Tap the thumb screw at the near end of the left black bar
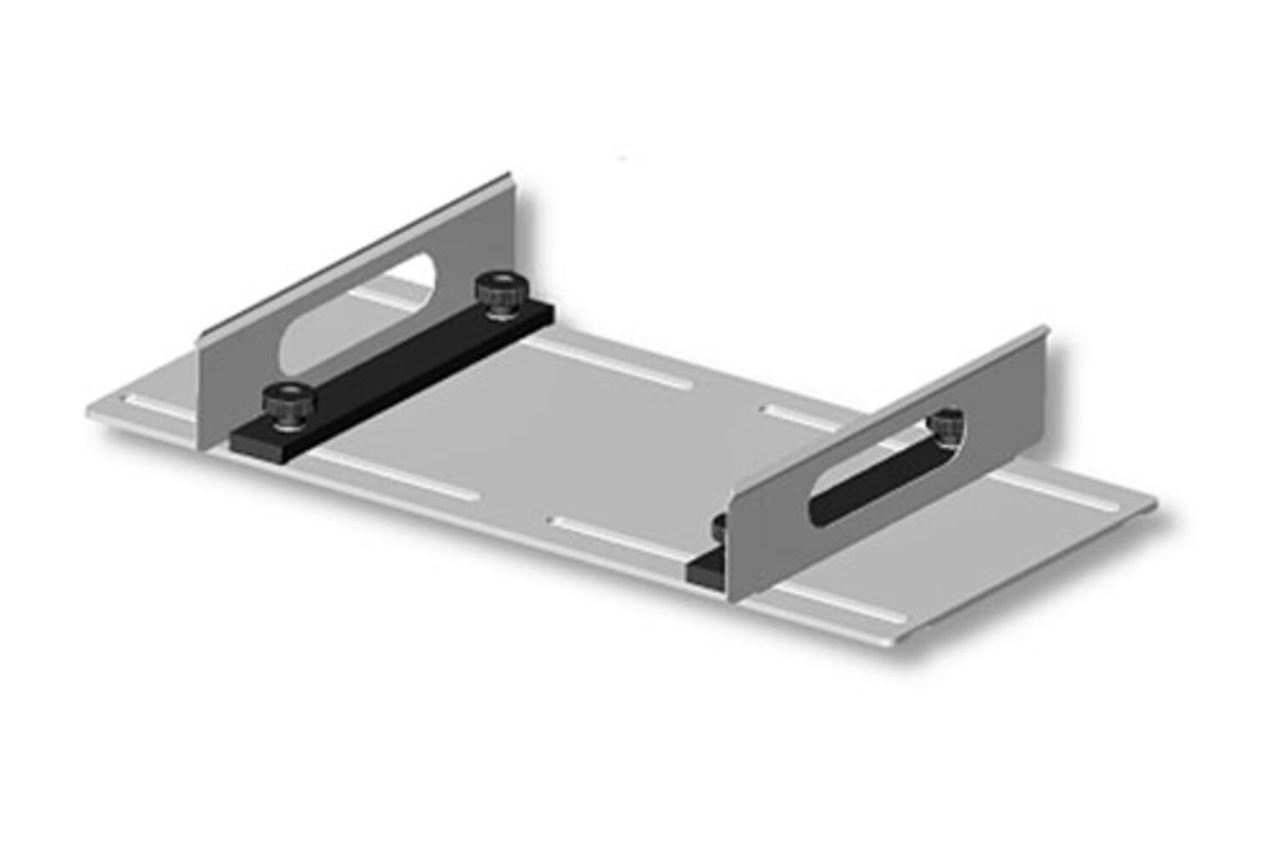tap(287, 398)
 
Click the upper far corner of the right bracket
tap(1044, 331)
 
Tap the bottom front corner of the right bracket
tap(731, 598)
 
